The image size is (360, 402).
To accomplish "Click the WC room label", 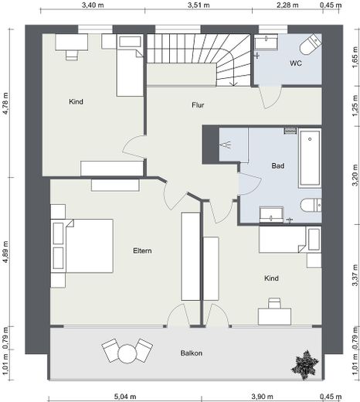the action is (x=296, y=63).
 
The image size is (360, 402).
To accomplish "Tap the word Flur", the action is (x=198, y=105).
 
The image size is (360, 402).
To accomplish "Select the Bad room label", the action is (x=278, y=165).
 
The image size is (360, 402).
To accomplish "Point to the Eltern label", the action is (x=142, y=250).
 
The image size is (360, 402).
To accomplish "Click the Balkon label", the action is (x=192, y=353).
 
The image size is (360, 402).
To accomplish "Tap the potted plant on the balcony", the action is (x=305, y=364).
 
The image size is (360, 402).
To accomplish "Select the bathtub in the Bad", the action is (x=310, y=158).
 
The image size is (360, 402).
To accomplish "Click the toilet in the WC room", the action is (x=311, y=44).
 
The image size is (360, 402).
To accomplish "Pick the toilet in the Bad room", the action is (x=311, y=206).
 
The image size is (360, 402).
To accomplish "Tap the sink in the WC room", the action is (x=266, y=42).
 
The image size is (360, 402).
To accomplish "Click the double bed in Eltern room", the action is (x=82, y=246).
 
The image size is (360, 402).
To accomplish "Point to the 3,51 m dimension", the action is (x=199, y=5).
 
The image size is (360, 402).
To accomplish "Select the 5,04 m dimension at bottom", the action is (x=125, y=397).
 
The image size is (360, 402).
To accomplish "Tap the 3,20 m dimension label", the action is (x=355, y=175).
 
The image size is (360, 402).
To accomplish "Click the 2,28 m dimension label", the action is (x=287, y=5).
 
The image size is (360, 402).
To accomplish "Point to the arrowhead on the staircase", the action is (x=234, y=84).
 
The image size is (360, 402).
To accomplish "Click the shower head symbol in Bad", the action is (x=226, y=145).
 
